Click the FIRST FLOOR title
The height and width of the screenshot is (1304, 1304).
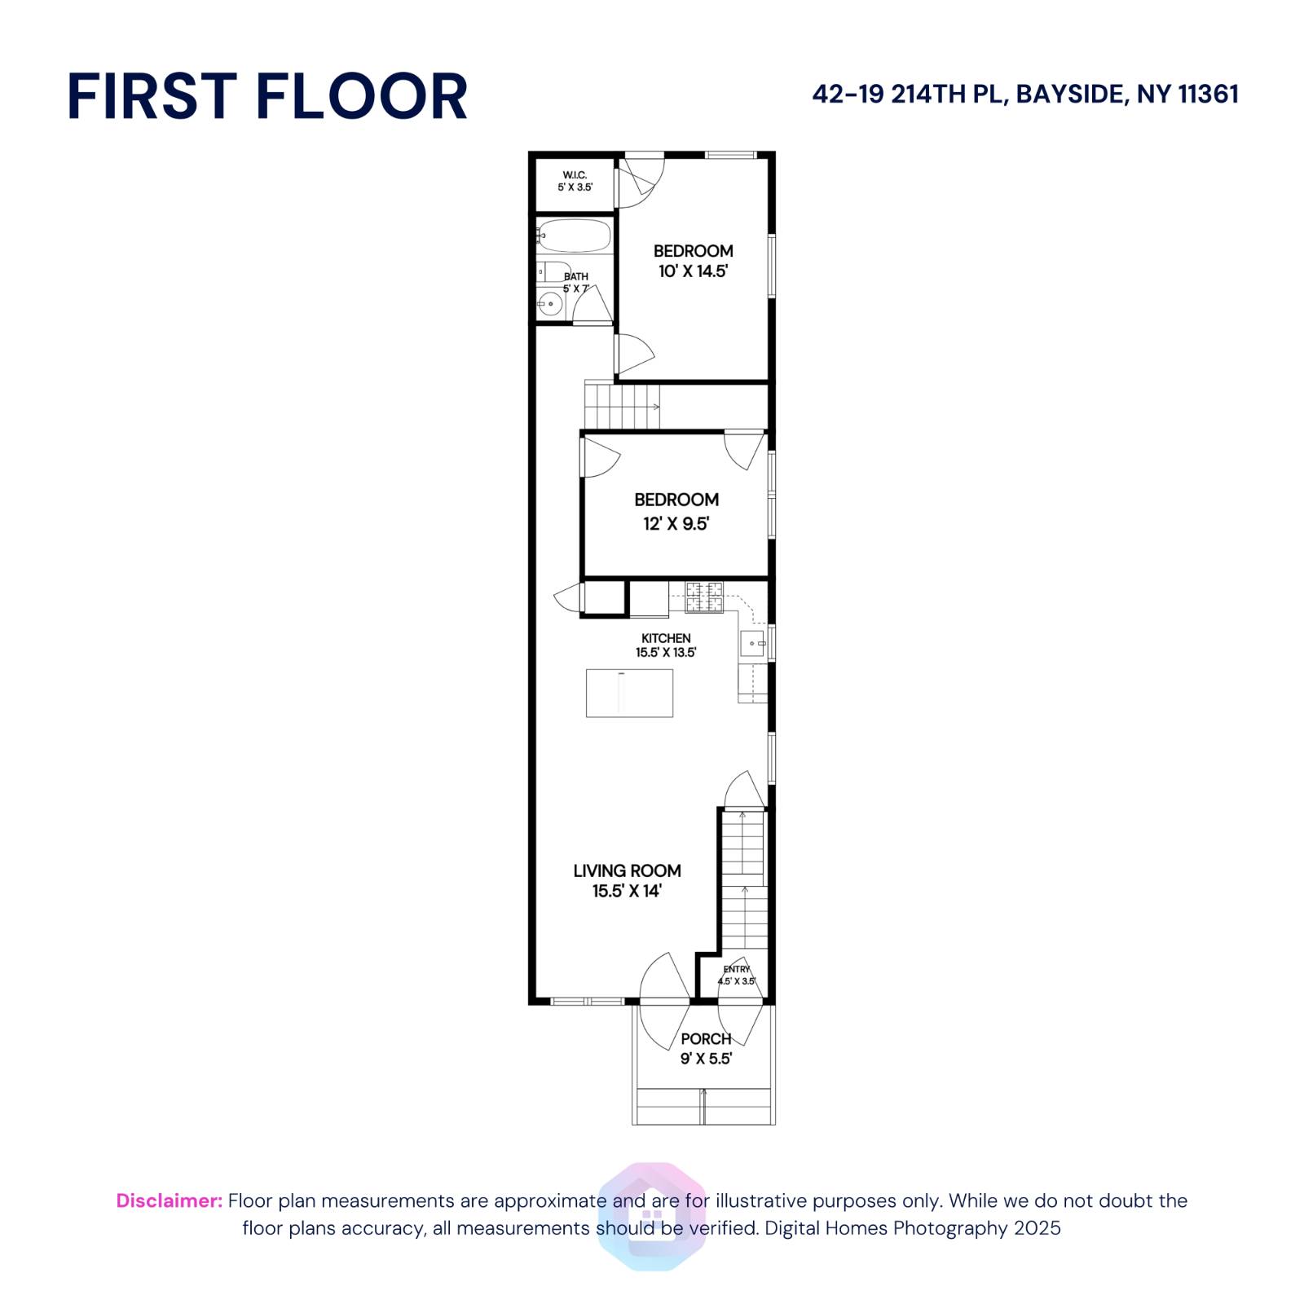[267, 96]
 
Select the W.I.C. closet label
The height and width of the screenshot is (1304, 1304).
[575, 175]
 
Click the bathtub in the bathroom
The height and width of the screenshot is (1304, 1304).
[575, 236]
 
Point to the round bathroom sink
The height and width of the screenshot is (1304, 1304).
[551, 306]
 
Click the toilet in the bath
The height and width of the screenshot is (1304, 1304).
[554, 271]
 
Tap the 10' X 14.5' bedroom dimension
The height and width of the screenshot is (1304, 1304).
[693, 271]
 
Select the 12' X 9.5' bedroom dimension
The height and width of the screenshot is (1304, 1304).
[676, 524]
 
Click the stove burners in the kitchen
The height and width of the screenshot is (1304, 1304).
[703, 597]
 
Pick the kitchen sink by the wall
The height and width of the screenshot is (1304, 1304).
[752, 644]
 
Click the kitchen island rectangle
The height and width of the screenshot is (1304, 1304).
[629, 694]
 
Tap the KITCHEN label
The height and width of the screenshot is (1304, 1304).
[666, 638]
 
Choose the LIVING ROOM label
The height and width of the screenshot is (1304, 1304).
[627, 870]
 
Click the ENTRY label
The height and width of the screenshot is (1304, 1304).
[736, 969]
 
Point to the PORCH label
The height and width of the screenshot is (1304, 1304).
[706, 1039]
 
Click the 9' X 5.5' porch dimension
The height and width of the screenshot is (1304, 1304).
[706, 1059]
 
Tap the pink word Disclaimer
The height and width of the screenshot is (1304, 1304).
[169, 1200]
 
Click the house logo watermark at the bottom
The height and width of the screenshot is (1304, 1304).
[651, 1216]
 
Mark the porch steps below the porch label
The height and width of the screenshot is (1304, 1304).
[703, 1106]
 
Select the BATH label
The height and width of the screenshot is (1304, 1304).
[576, 276]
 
